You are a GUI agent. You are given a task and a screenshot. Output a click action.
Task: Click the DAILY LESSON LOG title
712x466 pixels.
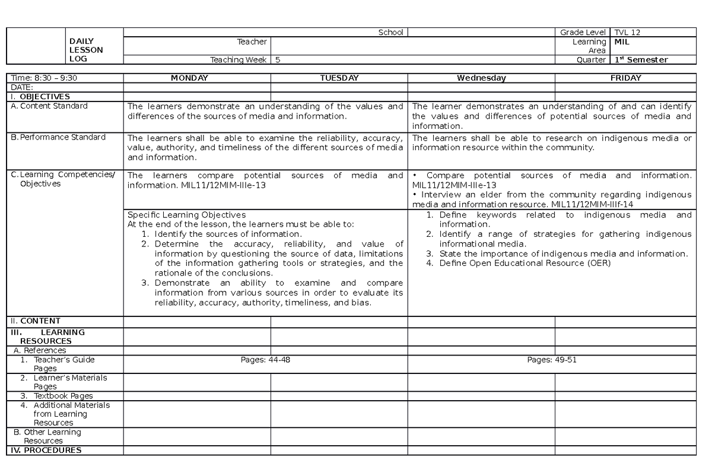click(x=86, y=50)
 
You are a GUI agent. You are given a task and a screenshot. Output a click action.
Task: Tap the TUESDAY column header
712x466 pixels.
click(x=339, y=78)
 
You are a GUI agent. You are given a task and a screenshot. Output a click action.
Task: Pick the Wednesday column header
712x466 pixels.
click(x=481, y=78)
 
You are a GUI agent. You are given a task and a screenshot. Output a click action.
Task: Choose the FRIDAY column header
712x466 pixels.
click(x=625, y=78)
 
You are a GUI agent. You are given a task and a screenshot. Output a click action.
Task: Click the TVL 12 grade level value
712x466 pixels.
click(x=628, y=33)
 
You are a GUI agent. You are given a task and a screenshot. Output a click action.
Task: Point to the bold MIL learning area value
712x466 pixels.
click(x=622, y=42)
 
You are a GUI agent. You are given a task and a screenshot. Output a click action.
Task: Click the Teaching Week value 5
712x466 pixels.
click(x=278, y=59)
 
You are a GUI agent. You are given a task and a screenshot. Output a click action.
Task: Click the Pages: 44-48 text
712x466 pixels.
click(x=265, y=360)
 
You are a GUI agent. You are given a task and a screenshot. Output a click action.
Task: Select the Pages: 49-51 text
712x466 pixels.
click(x=552, y=360)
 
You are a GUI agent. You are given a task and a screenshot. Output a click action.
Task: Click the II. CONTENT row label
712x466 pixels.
click(x=36, y=321)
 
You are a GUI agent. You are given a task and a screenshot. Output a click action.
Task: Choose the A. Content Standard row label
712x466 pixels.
click(x=49, y=106)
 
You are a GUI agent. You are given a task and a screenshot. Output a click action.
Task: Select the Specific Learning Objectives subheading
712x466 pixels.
click(x=186, y=214)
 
